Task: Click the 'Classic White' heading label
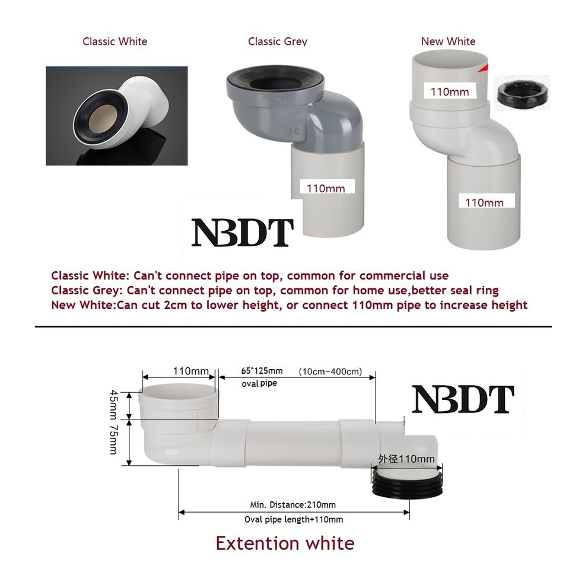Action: coord(115,42)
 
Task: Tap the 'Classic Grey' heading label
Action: coord(278,42)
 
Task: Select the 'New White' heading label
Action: coord(448,42)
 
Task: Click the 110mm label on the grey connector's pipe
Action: coord(326,189)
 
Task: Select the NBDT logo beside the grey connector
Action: coord(242,233)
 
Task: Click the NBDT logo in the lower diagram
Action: coord(463,399)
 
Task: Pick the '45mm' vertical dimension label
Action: coord(114,404)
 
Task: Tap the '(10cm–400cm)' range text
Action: coord(330,371)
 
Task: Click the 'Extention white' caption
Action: coord(285,543)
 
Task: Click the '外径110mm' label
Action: coord(406,459)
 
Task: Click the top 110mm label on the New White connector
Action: coord(449,91)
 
